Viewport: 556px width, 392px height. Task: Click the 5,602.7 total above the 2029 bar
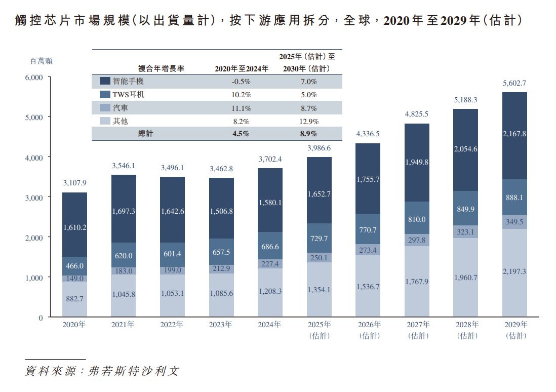[x=514, y=84]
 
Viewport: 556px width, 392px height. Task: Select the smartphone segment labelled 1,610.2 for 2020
[x=75, y=227]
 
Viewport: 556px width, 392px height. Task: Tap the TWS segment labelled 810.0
[x=417, y=219]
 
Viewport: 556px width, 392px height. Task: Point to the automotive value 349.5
[x=514, y=222]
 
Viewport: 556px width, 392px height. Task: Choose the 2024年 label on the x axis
[x=270, y=325]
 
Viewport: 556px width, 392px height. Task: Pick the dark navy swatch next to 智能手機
[x=105, y=81]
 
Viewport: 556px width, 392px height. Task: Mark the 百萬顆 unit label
[x=42, y=61]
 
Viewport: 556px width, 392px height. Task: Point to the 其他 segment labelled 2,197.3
[x=514, y=271]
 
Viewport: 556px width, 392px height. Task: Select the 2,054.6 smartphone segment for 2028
[x=466, y=149]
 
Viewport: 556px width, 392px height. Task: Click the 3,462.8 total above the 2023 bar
[x=222, y=168]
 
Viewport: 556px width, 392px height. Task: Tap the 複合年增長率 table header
[x=161, y=68]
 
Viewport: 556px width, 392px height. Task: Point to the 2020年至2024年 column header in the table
[x=242, y=68]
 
